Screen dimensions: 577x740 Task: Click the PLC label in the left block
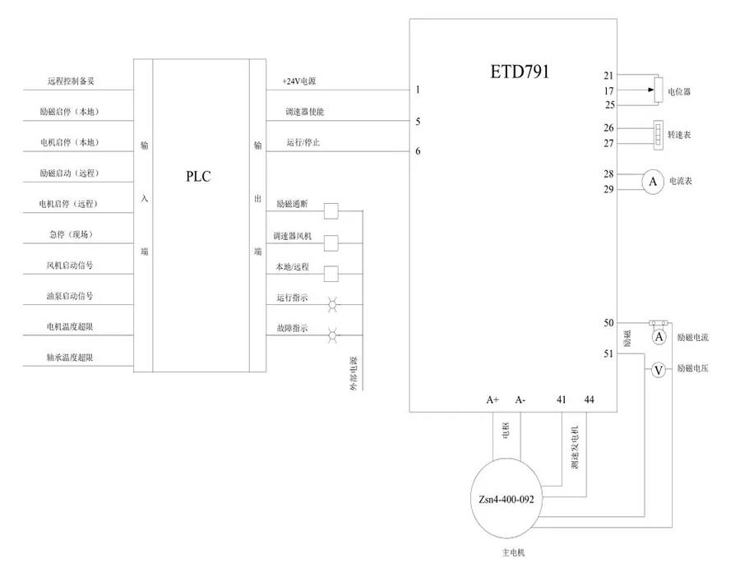[x=197, y=175]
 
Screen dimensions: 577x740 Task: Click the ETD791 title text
[x=520, y=72]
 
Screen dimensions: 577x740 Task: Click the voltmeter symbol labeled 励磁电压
[x=658, y=370]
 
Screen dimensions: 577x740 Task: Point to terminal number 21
[x=609, y=76]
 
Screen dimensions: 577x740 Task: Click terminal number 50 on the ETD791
[x=608, y=323]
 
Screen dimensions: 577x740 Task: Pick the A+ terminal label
[x=493, y=399]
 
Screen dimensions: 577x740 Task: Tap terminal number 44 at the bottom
[x=589, y=399]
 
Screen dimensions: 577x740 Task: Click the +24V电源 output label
[x=299, y=81]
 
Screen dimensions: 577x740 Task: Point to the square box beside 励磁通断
[x=331, y=211]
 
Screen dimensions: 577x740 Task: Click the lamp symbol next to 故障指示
[x=332, y=335]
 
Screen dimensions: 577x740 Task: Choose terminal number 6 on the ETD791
[x=419, y=151]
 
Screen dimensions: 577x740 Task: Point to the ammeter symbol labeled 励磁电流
[x=659, y=337]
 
